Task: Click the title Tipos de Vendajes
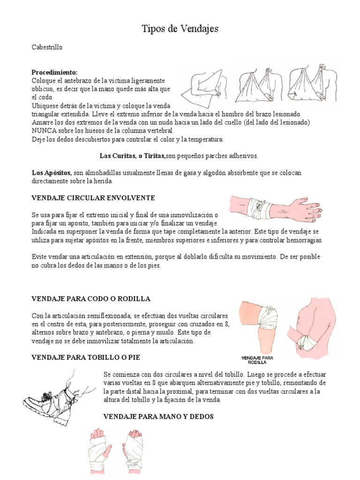point(180,30)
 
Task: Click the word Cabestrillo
point(47,47)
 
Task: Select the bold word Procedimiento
point(54,72)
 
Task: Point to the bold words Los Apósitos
point(51,173)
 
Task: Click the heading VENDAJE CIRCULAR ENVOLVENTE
point(93,198)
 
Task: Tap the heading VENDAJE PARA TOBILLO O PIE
point(85,357)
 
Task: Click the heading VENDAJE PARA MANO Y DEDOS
point(158,416)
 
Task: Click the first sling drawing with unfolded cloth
point(205,87)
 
